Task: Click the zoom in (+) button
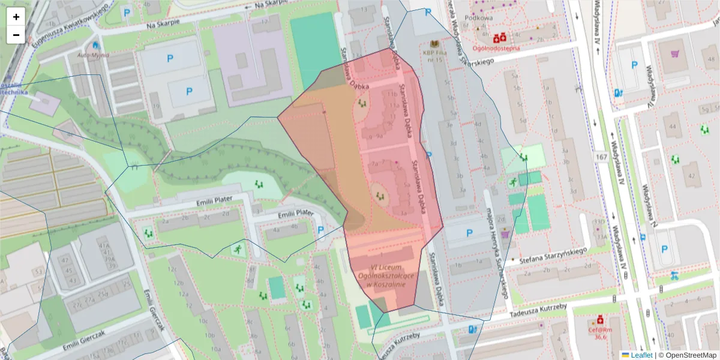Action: tap(16, 17)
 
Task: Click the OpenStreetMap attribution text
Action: tap(690, 355)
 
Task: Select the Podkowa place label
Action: tap(482, 17)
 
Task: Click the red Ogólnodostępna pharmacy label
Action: tap(496, 47)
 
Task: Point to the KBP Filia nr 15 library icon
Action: tap(435, 44)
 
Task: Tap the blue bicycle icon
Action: tap(674, 277)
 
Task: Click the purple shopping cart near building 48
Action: tap(674, 53)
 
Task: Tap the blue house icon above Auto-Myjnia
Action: tap(95, 45)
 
